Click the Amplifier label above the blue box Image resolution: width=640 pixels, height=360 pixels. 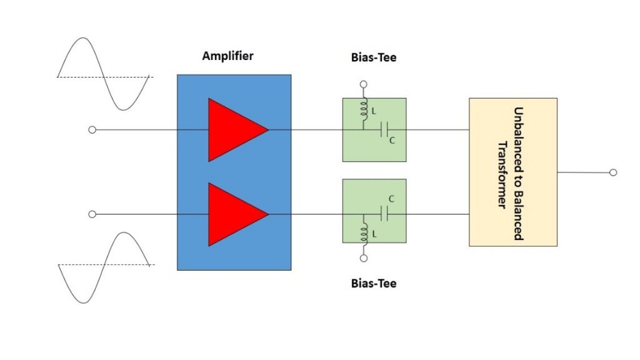(227, 56)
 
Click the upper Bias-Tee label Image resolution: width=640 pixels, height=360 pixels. (374, 58)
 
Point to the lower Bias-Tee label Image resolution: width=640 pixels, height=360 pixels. (374, 284)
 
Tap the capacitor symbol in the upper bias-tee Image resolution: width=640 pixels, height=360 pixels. (386, 130)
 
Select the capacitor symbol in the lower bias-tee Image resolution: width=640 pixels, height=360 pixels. (386, 214)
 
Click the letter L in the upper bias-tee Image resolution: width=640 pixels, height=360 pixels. (374, 111)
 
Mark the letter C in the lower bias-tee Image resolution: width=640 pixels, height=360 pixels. (391, 199)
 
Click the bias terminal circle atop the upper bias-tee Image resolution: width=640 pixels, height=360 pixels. (364, 84)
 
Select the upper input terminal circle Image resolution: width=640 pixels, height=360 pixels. (92, 130)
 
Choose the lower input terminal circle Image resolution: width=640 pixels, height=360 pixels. (92, 214)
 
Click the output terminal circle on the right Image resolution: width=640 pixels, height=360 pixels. (613, 172)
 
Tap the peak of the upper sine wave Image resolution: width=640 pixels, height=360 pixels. (81, 39)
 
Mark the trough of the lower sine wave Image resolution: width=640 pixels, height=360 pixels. (81, 302)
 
